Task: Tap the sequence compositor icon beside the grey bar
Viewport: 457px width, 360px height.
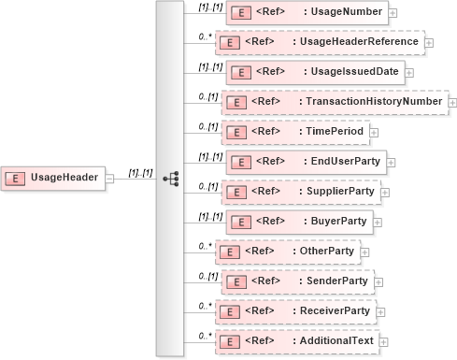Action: [x=169, y=178]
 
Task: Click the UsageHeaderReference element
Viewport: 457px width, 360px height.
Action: [x=319, y=42]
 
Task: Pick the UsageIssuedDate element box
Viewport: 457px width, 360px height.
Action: [x=315, y=72]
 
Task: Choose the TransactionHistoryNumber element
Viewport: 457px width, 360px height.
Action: [x=334, y=102]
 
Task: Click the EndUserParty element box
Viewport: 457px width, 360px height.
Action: [x=305, y=162]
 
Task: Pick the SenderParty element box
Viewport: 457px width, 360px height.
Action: [x=296, y=281]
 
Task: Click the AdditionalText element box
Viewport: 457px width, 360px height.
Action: [x=296, y=341]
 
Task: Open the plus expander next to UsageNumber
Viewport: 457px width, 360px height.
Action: [x=393, y=13]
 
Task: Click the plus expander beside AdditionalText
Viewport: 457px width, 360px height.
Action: [x=383, y=342]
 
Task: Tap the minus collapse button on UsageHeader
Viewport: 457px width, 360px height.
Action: [x=109, y=178]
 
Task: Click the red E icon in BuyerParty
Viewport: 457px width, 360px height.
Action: [x=238, y=222]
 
